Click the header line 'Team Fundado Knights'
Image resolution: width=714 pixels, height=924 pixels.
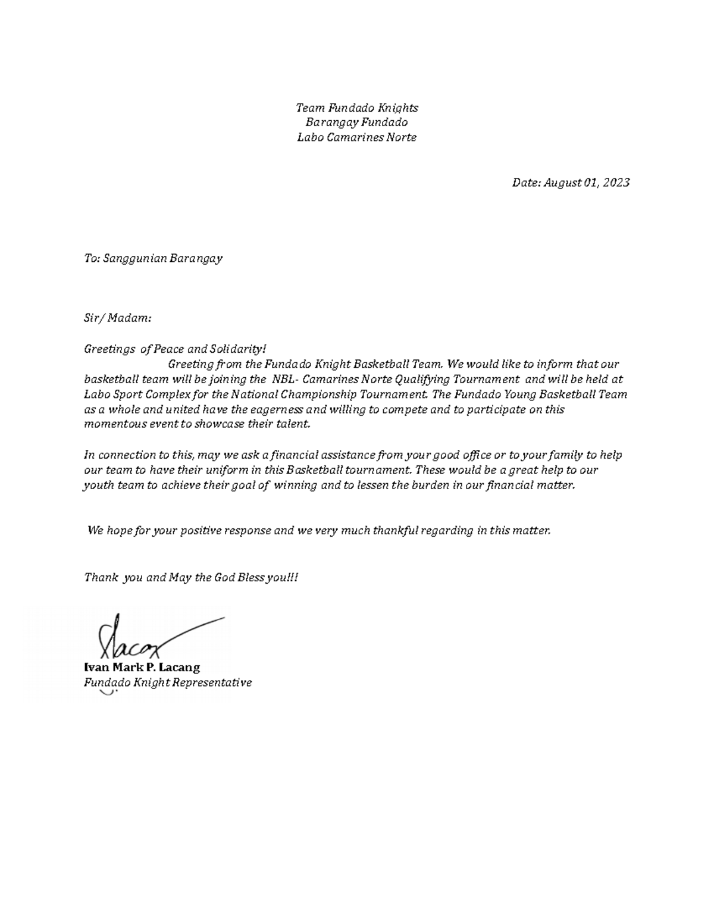(x=357, y=108)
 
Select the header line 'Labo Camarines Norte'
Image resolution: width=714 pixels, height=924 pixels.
(x=357, y=137)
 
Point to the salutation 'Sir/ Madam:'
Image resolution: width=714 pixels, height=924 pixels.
(x=118, y=318)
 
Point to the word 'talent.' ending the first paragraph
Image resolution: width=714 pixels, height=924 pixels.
(x=293, y=424)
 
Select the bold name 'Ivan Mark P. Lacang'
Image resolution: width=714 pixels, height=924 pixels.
(x=142, y=667)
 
